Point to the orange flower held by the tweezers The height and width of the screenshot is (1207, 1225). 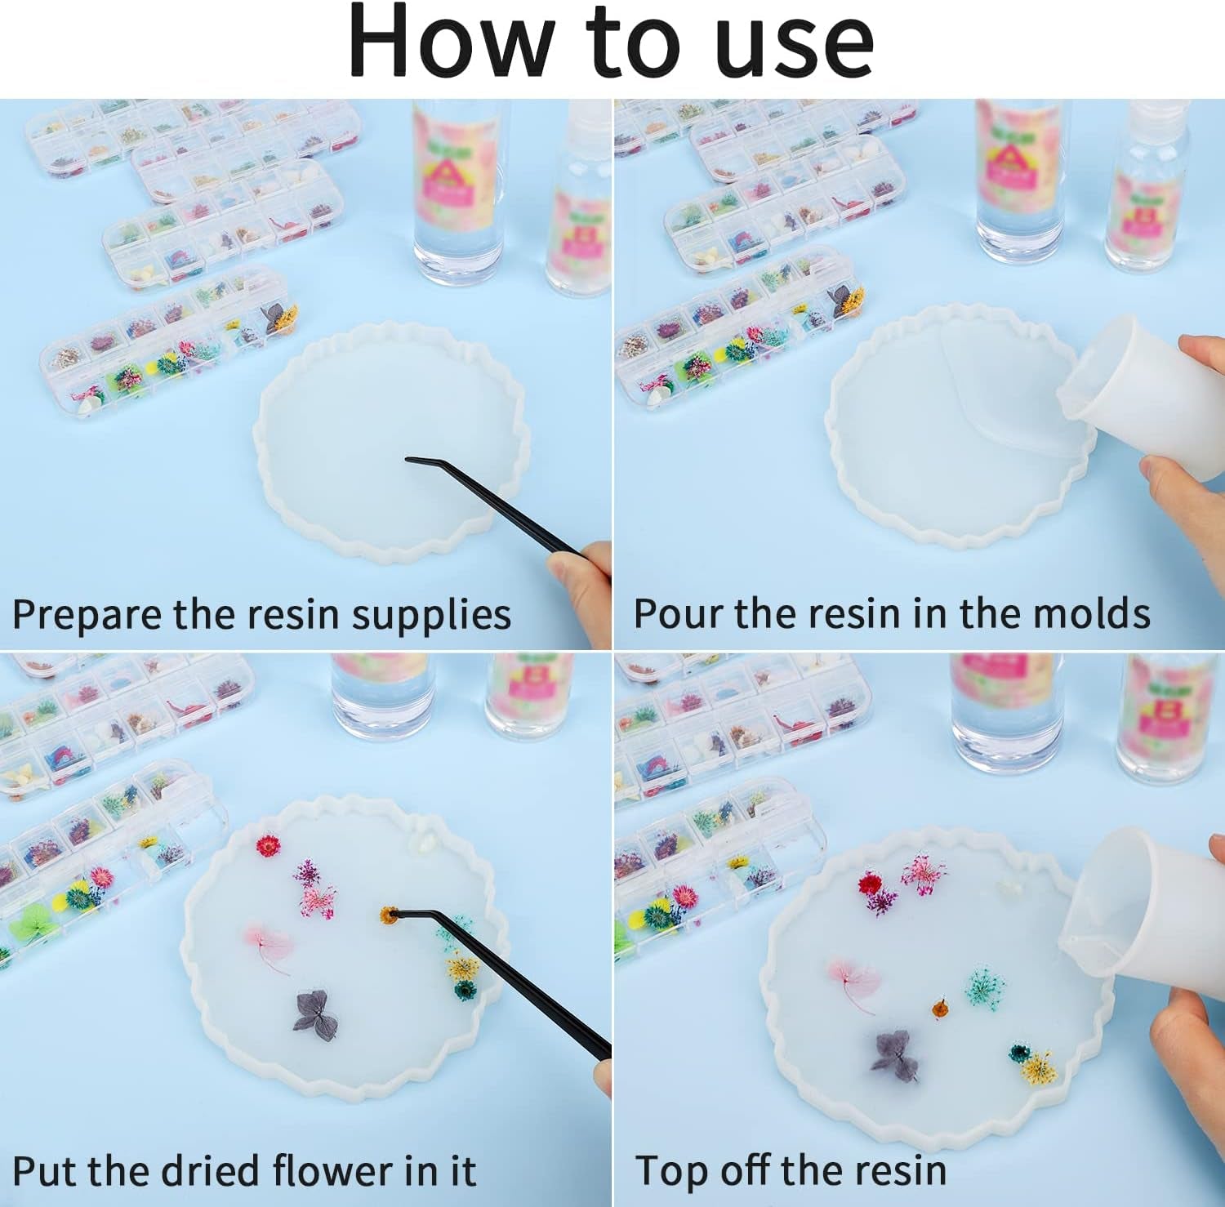click(x=387, y=915)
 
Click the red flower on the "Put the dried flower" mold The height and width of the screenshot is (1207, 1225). click(x=268, y=845)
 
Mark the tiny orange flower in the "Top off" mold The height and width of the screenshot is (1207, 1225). click(x=940, y=1009)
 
